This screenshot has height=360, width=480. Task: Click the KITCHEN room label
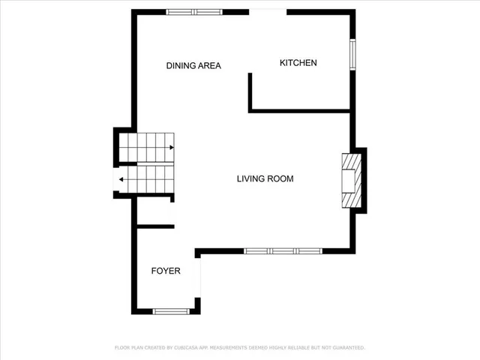(x=298, y=63)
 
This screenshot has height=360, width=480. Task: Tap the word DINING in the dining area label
(x=181, y=66)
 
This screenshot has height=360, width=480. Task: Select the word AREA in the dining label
(x=209, y=66)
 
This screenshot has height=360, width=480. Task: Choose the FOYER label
(x=166, y=271)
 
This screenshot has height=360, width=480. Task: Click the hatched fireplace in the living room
(x=351, y=180)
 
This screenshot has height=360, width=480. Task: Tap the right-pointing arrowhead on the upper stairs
(x=172, y=148)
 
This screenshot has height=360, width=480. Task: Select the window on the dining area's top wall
(x=194, y=12)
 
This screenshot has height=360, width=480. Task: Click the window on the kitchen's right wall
(x=352, y=54)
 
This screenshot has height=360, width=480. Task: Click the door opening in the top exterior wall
(x=268, y=11)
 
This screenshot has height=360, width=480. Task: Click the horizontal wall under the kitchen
(x=300, y=111)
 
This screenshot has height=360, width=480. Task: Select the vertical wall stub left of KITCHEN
(x=250, y=91)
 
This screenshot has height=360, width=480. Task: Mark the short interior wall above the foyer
(x=155, y=226)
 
